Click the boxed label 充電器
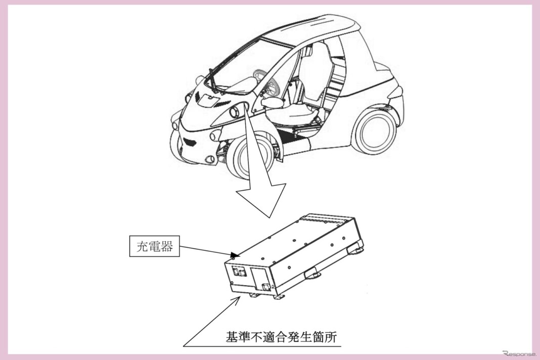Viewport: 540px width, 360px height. pos(154,246)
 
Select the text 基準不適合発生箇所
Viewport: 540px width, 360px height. pos(281,337)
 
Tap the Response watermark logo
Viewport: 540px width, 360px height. pos(519,353)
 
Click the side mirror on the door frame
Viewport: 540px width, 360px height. pos(272,102)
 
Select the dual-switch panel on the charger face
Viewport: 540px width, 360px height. pos(239,272)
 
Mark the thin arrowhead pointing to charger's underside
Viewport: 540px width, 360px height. pos(237,299)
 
